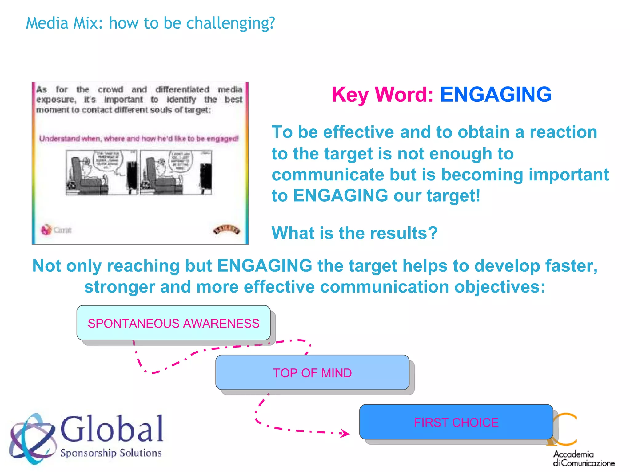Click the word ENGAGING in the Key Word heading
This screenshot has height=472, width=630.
pos(496,94)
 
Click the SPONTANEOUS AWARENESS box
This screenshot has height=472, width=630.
pos(173,323)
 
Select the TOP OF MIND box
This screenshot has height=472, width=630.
pos(312,373)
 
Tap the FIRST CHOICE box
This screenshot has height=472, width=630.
pos(456,422)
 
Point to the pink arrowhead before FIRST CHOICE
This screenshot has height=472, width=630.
pos(345,433)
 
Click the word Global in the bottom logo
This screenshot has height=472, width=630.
pos(112,429)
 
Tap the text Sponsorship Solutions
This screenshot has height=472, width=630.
pos(111,453)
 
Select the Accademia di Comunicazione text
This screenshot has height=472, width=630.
pos(583,458)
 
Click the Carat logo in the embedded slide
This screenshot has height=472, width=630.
pos(56,230)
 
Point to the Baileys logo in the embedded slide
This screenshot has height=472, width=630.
pos(227,230)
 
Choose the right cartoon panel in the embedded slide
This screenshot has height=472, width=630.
pos(176,172)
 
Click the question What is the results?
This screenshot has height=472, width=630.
pos(354,233)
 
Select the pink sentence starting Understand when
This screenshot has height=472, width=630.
pos(139,139)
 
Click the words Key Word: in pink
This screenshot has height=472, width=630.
pos(382,94)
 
